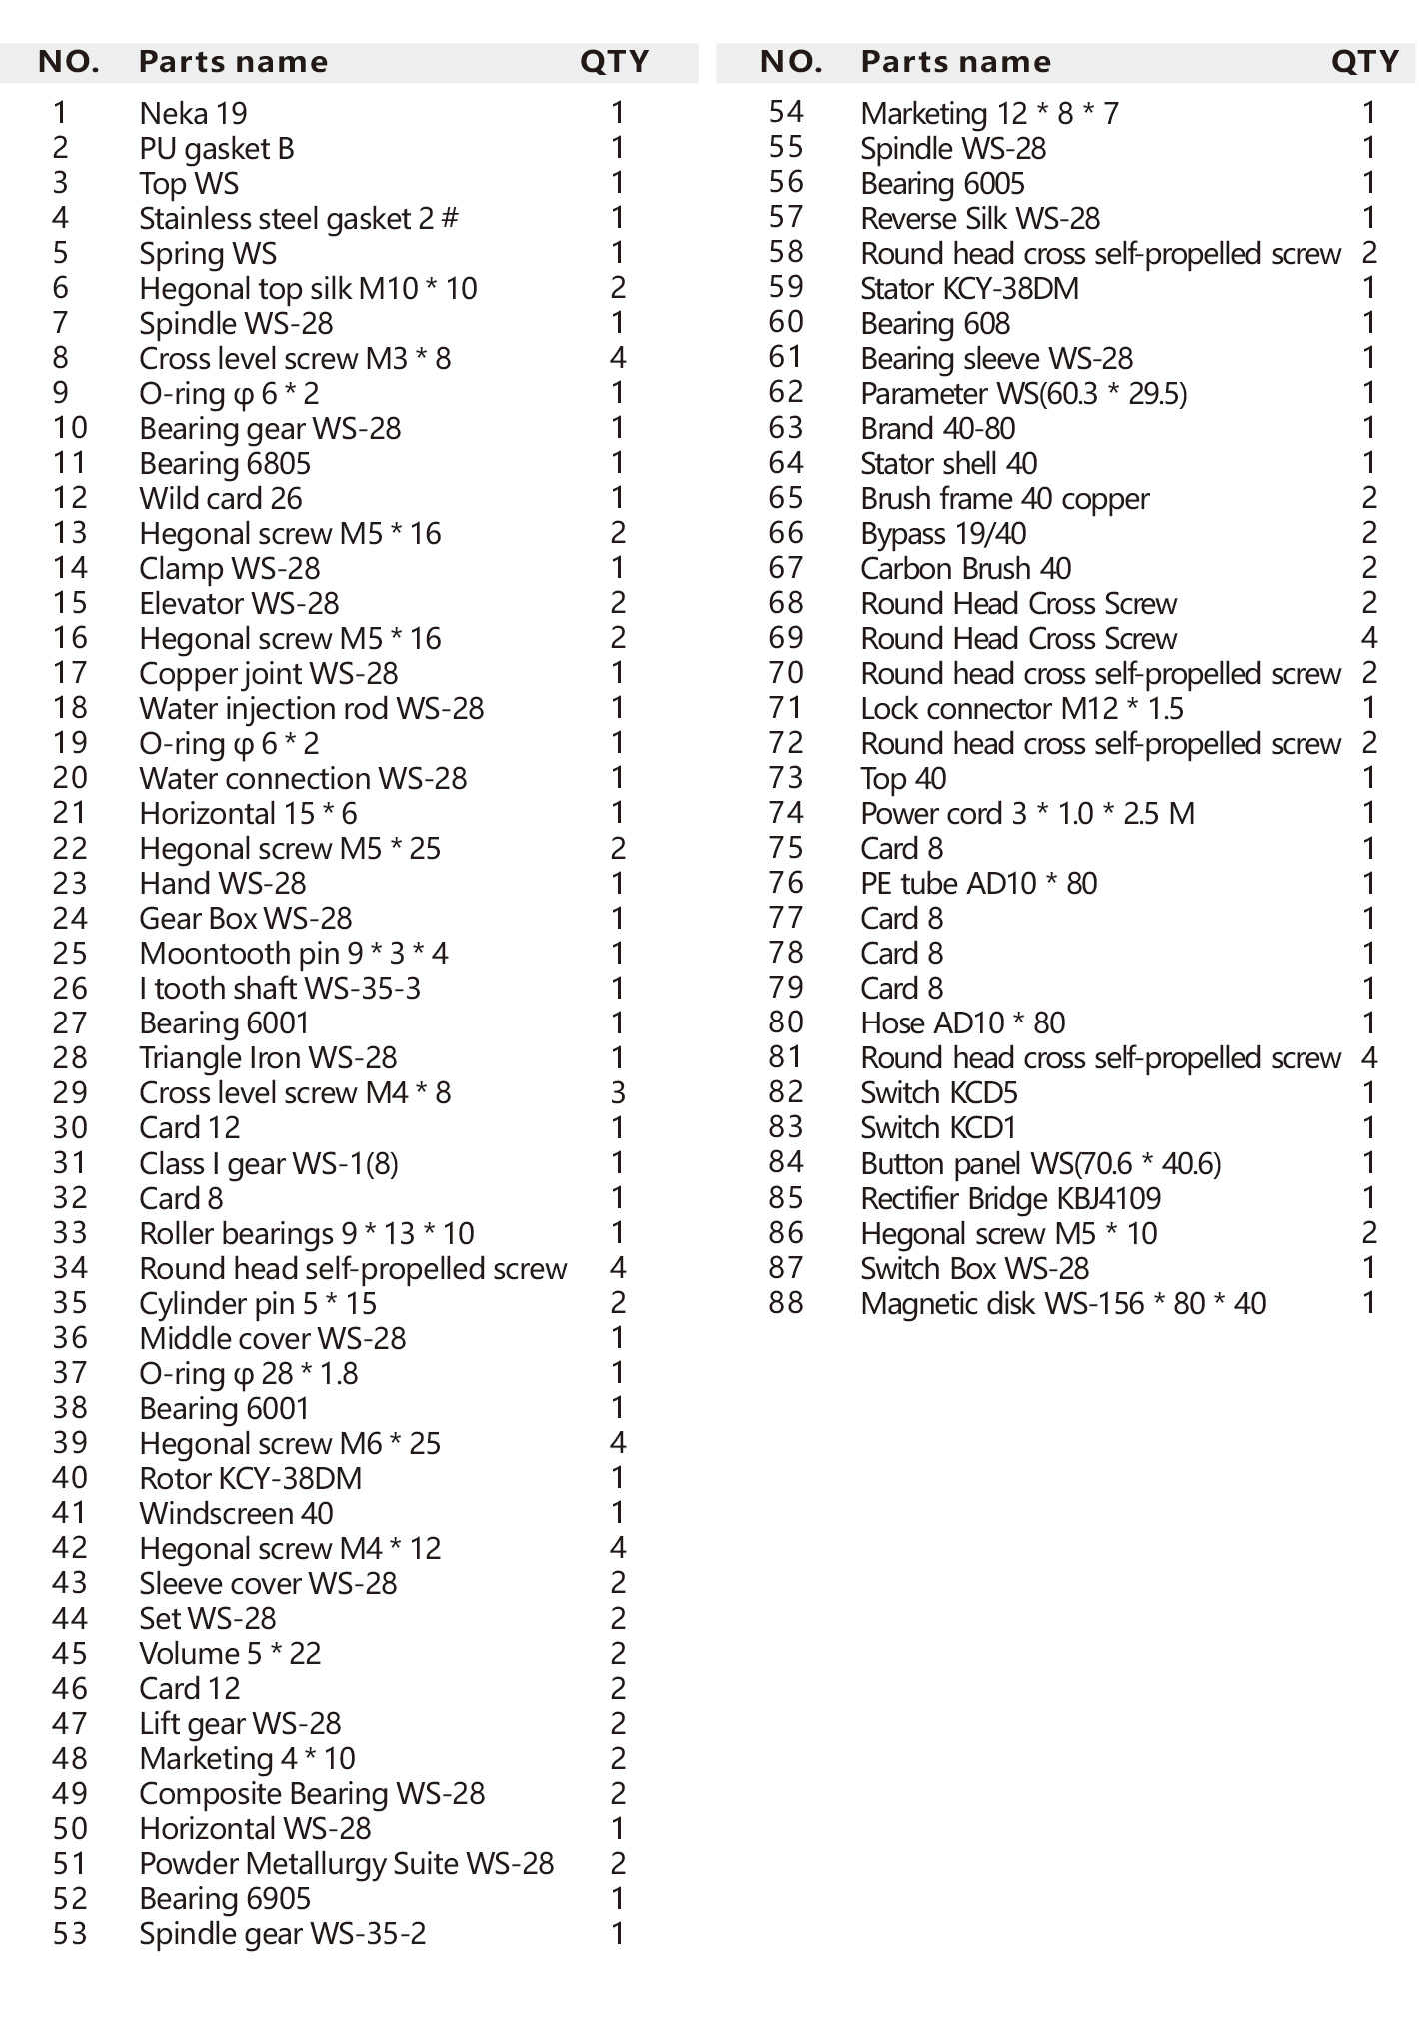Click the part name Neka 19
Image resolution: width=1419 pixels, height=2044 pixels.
(x=193, y=114)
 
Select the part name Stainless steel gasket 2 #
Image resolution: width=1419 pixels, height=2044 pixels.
(x=299, y=219)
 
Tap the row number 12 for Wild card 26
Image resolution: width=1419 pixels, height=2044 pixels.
(x=70, y=498)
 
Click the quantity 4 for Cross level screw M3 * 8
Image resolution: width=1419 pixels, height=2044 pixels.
(x=617, y=358)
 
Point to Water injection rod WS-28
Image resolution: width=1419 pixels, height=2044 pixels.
(x=311, y=709)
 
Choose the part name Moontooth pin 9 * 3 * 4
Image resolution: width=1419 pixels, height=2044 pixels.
(x=294, y=954)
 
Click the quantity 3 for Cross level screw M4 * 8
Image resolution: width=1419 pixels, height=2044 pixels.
(x=617, y=1093)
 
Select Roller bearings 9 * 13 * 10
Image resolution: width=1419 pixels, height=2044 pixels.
(x=306, y=1234)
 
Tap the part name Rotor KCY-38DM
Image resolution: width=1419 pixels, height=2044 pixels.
(x=250, y=1479)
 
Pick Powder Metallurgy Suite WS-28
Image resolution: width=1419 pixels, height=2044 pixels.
(x=346, y=1864)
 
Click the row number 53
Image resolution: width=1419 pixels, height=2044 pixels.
(x=70, y=1934)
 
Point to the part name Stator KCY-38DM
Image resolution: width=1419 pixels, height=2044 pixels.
(x=969, y=289)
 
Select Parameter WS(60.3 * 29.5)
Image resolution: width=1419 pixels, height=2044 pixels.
(x=1023, y=394)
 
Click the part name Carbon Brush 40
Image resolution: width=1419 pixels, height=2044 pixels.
(x=965, y=569)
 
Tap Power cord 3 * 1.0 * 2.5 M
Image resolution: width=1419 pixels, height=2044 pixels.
(x=1027, y=814)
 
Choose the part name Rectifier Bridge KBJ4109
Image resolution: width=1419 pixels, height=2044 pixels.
(x=1010, y=1199)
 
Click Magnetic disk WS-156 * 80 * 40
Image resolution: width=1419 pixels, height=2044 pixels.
(x=1062, y=1304)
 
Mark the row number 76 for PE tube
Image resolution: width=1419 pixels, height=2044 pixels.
(x=786, y=884)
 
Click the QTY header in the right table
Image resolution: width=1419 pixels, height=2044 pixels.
(x=1364, y=62)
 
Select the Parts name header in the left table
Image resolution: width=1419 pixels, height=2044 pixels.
(x=233, y=62)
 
